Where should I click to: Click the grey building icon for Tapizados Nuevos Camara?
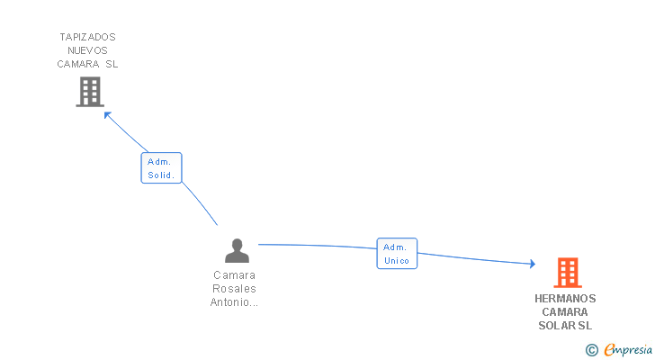click(90, 92)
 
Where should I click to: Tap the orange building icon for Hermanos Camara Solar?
click(567, 272)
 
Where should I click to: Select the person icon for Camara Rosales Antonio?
click(237, 250)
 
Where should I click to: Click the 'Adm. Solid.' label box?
click(161, 168)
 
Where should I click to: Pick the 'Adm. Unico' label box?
click(397, 254)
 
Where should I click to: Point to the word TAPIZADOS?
click(88, 37)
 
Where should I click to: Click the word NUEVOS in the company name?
click(88, 50)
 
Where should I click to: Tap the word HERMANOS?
click(565, 299)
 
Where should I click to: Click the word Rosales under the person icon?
click(235, 289)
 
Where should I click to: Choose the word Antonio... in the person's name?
click(235, 302)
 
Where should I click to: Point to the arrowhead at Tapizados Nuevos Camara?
click(107, 113)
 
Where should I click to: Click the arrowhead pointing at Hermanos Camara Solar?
click(532, 264)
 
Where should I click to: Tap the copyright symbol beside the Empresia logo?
click(591, 350)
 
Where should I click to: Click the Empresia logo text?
click(628, 350)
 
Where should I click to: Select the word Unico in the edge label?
click(397, 261)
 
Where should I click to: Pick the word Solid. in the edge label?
click(161, 175)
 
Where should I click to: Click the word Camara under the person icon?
click(235, 275)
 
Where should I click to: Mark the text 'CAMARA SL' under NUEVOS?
click(88, 64)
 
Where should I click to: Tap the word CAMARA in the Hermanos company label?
click(565, 312)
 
